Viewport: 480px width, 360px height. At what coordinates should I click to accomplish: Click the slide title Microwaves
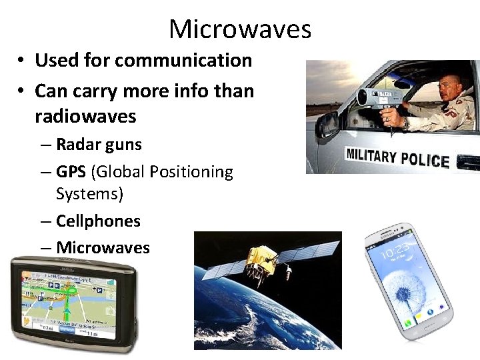[x=240, y=29]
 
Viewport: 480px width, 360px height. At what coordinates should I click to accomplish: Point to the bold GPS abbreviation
[x=71, y=172]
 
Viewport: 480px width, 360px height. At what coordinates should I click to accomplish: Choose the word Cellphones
[x=98, y=221]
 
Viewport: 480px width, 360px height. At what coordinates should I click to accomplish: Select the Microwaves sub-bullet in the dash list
[x=103, y=247]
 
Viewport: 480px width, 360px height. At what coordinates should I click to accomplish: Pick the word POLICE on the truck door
[x=427, y=160]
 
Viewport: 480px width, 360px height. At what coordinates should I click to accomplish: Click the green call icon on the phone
[x=407, y=324]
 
